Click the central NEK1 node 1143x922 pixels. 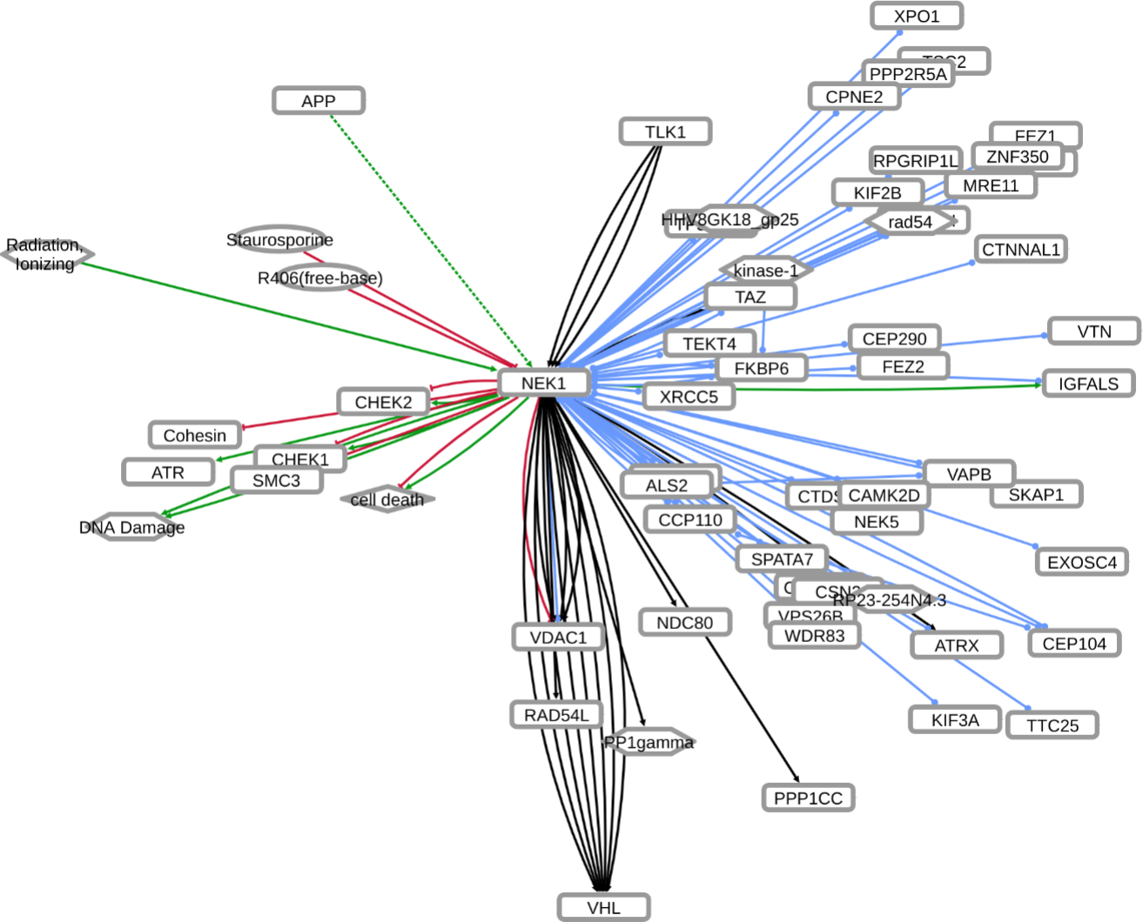click(544, 383)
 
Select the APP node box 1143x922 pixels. click(319, 101)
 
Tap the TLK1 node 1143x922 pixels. click(665, 131)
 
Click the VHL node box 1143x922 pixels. click(603, 907)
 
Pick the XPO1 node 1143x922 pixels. click(917, 16)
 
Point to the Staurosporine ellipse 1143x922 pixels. click(279, 239)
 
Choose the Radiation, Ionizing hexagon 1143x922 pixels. click(45, 254)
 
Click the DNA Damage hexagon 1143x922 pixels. click(131, 527)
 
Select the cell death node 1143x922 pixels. click(387, 499)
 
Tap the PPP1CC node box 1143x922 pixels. click(808, 798)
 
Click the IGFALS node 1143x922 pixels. click(1088, 384)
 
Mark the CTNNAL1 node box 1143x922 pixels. click(1021, 250)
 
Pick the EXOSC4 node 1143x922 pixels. click(1082, 562)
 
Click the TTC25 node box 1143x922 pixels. click(1052, 725)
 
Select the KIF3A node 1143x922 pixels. click(955, 720)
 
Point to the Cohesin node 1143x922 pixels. click(195, 435)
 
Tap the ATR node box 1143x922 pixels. click(168, 472)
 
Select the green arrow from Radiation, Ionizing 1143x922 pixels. click(287, 314)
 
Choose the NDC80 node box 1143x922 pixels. click(684, 623)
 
